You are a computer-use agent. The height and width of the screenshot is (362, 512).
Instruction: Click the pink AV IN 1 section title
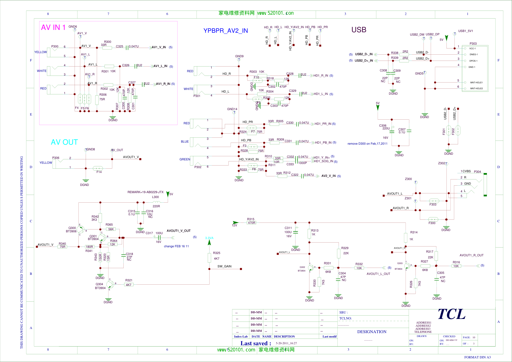coord(53,27)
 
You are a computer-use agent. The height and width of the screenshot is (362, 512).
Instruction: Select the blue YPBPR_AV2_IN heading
coord(226,31)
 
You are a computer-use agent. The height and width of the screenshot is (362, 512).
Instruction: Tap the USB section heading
coord(359,30)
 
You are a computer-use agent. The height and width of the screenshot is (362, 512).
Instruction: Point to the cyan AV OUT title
coord(64,142)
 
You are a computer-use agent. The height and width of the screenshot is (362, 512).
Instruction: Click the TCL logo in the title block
coord(452,314)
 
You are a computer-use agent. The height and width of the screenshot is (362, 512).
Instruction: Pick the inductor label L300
coord(155,197)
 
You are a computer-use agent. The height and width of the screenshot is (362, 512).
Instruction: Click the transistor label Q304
coord(99,284)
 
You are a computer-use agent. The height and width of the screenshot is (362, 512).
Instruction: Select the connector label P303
coord(473,44)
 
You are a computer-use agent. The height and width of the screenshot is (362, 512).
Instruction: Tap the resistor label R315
coord(251,219)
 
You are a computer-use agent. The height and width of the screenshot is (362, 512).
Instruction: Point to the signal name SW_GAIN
coord(224,266)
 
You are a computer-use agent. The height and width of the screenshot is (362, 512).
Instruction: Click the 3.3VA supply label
coord(209,238)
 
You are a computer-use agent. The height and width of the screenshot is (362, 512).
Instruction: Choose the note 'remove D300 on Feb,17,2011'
coord(367,144)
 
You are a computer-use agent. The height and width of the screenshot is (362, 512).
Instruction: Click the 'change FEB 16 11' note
coord(176,246)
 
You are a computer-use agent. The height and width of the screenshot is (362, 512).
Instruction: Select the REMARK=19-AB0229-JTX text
coord(145,192)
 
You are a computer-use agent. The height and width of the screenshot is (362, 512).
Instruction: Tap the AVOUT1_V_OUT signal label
coord(179,231)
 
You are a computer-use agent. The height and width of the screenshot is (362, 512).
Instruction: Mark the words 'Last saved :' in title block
coord(255,343)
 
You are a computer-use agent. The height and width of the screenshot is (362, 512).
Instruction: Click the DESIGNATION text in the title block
coord(372,332)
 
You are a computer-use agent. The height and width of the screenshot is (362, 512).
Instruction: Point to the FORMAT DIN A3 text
coord(477,357)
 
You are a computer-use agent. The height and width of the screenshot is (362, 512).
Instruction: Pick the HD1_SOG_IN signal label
coord(323,161)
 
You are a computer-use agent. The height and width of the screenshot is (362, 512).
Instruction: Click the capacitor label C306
coord(382,126)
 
